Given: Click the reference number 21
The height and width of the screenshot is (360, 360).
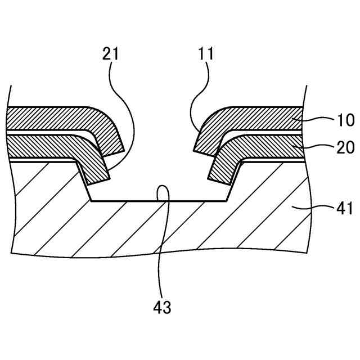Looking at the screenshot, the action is (111, 54).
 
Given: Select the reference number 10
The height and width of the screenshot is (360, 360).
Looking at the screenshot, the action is (345, 120).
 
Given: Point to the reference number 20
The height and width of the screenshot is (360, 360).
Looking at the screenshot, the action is (345, 147).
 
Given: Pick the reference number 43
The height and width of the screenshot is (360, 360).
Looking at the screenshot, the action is (163, 307).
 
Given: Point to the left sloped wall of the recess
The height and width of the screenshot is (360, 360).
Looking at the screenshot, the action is (83, 181).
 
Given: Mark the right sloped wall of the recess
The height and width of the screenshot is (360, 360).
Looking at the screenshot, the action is (233, 181).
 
